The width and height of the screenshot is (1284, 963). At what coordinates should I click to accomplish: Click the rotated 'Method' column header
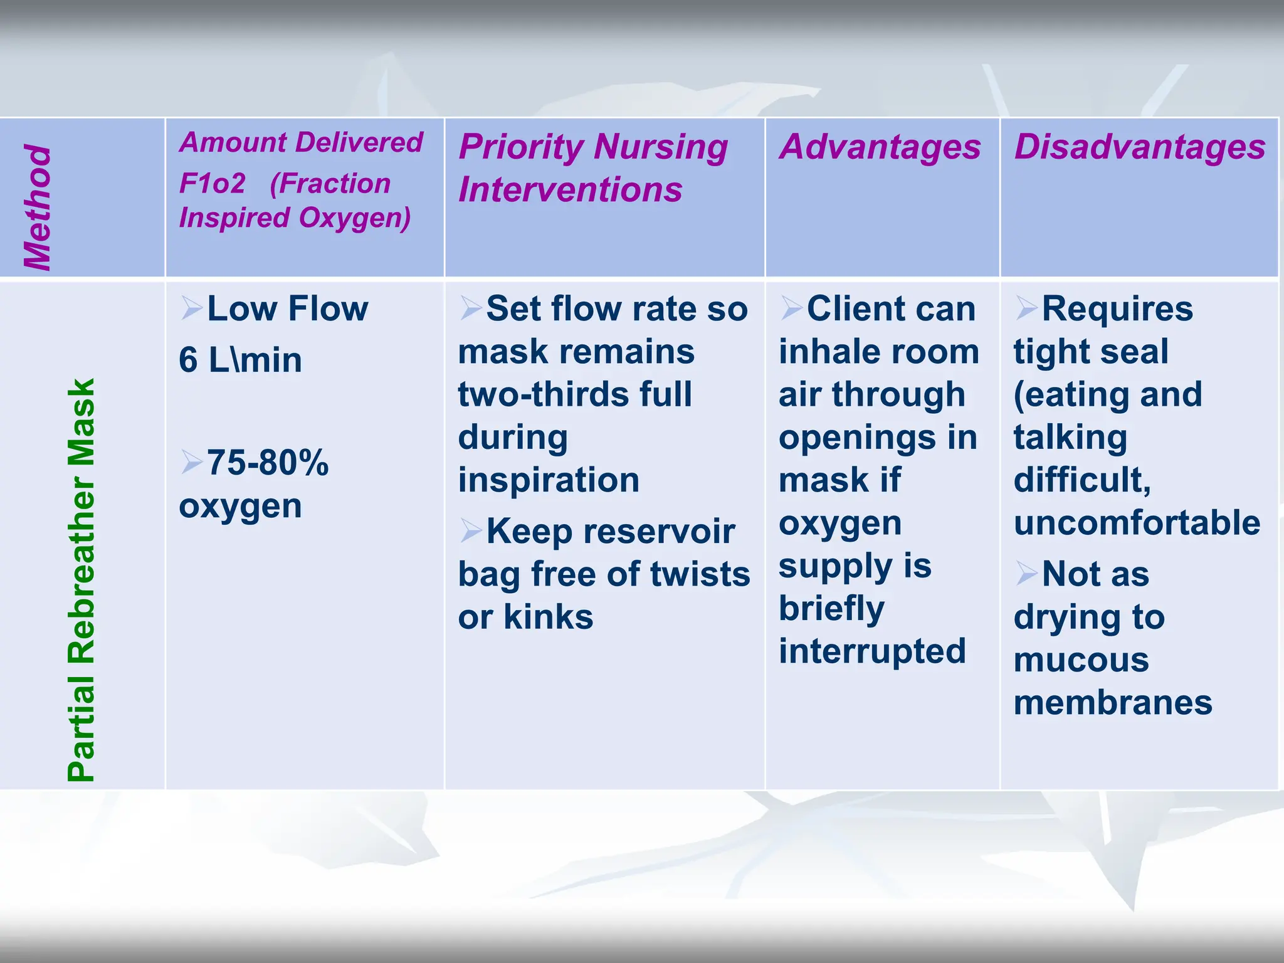click(x=38, y=207)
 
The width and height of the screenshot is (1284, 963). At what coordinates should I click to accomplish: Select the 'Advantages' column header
click(x=880, y=147)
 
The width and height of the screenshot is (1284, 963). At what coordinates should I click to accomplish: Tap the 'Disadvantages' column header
click(x=1140, y=147)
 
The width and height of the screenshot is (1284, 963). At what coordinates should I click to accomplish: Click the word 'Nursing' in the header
click(x=661, y=147)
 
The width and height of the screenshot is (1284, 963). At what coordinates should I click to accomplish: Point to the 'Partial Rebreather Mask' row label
click(x=82, y=580)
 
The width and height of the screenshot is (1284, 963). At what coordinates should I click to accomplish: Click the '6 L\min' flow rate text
click(x=240, y=360)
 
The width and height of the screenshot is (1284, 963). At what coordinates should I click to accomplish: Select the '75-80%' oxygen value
click(x=268, y=463)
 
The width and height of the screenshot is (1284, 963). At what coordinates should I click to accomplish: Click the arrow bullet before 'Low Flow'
click(x=191, y=308)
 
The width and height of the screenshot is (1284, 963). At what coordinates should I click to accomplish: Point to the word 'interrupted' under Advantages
click(x=872, y=651)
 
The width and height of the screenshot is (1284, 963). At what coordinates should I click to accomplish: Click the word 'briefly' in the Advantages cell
click(x=831, y=609)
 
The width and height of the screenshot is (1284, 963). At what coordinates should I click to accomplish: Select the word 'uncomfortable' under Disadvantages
click(x=1137, y=523)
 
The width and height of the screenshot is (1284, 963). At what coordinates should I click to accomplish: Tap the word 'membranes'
click(x=1113, y=703)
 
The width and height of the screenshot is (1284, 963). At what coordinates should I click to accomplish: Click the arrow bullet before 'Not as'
click(x=1026, y=573)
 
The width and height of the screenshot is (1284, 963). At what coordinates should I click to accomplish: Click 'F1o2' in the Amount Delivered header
click(x=212, y=184)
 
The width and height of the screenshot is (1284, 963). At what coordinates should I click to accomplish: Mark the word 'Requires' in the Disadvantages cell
click(x=1117, y=308)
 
